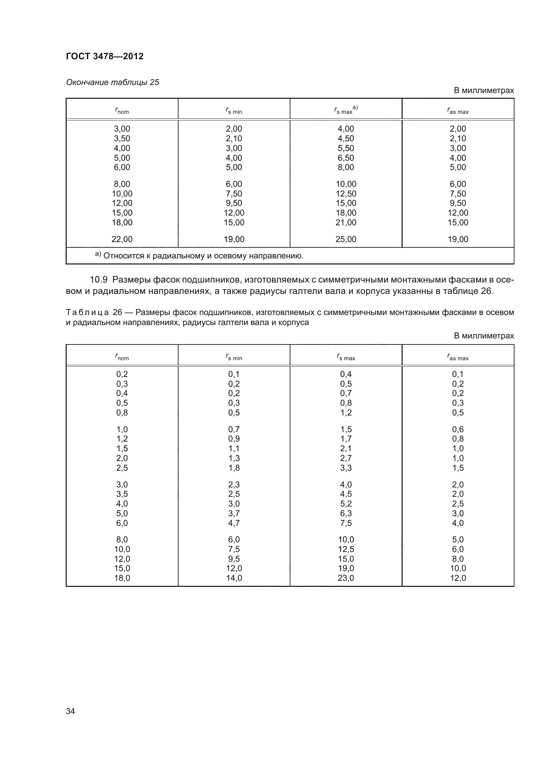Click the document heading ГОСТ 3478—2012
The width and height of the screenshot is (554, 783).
105,56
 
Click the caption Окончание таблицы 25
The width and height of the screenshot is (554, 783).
113,82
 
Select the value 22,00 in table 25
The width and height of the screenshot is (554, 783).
122,239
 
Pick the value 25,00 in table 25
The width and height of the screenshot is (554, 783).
346,239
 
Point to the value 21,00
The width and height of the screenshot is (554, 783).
346,222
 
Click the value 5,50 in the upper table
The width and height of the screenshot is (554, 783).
346,148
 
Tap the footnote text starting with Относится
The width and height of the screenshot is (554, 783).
203,256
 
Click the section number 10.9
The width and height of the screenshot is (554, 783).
98,280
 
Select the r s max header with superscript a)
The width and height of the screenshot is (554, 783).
346,110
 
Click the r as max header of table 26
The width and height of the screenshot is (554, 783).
458,357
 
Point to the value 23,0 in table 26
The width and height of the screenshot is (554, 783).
346,578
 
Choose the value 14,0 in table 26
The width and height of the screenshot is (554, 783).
234,578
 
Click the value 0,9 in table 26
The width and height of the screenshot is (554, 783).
234,439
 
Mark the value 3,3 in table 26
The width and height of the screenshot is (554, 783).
346,468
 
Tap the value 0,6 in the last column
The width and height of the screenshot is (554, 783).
458,429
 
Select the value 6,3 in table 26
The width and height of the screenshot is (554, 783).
346,513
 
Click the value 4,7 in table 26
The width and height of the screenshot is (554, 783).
234,523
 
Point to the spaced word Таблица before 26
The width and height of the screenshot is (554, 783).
87,312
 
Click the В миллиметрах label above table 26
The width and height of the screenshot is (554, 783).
483,335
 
